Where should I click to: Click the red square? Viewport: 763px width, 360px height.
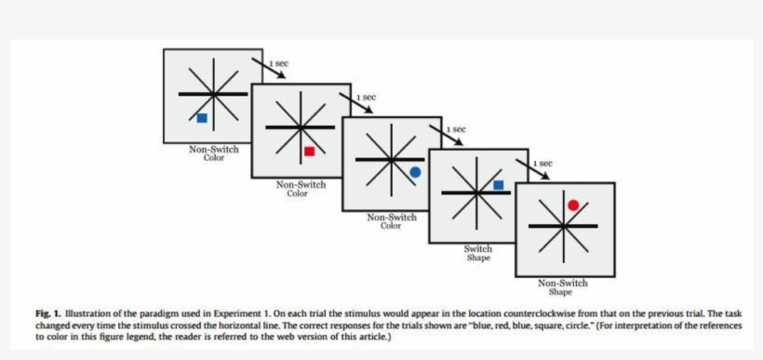tap(310, 151)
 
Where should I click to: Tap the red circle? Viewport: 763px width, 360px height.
tap(573, 205)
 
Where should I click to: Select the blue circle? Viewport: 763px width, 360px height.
tap(415, 172)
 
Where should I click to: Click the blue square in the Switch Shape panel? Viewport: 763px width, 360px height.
tap(498, 185)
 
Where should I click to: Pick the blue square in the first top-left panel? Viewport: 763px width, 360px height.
tap(202, 118)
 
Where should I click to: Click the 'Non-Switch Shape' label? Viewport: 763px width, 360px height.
tap(562, 287)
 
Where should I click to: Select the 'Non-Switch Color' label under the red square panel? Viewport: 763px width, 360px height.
tap(301, 189)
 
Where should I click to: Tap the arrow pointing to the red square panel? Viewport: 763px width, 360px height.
tap(266, 69)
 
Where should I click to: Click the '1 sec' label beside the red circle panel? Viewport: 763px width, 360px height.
tap(542, 164)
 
